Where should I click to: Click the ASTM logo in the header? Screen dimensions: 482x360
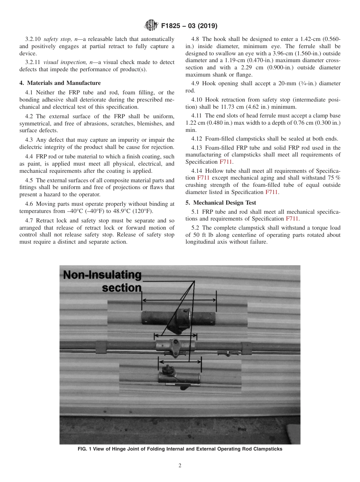coord(151,26)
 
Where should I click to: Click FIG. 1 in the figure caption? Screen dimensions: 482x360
coord(86,449)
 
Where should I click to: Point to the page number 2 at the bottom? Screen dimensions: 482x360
coord(180,466)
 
